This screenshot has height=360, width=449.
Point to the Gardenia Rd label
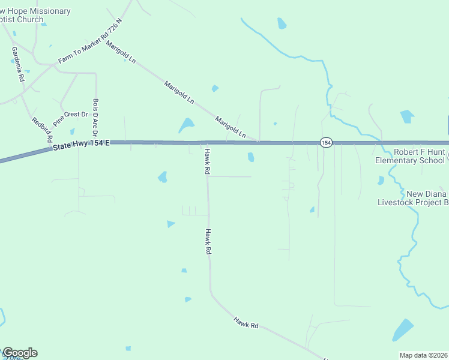point(17,64)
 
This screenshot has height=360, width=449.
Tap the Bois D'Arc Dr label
point(95,117)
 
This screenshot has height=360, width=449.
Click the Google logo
point(20,353)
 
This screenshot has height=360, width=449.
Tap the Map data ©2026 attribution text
point(423,355)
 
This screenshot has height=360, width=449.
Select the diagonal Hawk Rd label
point(246,322)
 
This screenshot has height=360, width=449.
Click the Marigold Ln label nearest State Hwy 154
point(231,128)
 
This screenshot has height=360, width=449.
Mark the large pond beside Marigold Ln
point(186,125)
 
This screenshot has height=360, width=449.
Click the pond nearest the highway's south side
point(251,157)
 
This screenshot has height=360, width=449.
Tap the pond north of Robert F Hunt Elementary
point(407,116)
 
